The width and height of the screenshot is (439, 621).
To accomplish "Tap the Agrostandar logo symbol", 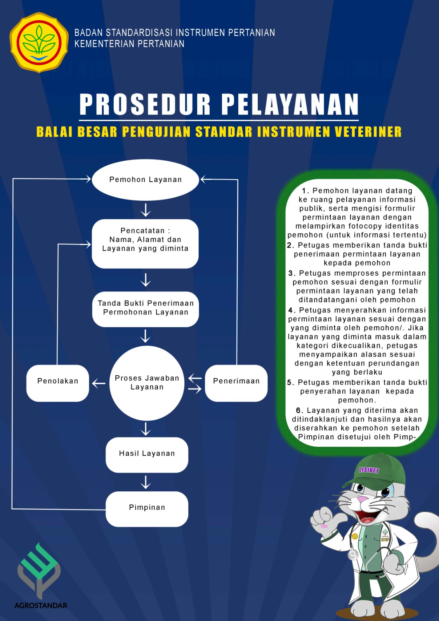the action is (x=39, y=571).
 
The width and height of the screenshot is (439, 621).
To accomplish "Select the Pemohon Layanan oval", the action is (x=145, y=180).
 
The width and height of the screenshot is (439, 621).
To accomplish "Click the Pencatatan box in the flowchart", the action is (x=145, y=244).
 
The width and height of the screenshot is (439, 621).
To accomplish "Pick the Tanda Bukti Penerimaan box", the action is (x=146, y=309).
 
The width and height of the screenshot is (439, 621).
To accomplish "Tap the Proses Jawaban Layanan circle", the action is (x=147, y=383).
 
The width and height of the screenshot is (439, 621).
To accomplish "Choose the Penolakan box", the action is (x=58, y=383).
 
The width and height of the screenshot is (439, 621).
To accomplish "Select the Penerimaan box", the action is (x=236, y=383).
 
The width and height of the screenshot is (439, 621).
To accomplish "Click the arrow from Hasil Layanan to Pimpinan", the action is (x=146, y=482).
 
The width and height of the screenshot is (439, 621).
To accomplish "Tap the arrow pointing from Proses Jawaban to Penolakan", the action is (x=99, y=384).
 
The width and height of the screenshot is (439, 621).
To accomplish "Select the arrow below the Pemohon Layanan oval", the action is (x=146, y=210).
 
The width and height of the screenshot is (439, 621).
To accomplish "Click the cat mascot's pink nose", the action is (x=362, y=500).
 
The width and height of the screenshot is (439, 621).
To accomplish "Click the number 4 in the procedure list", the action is (x=290, y=310).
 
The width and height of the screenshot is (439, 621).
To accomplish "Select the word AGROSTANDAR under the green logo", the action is (x=41, y=605).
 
